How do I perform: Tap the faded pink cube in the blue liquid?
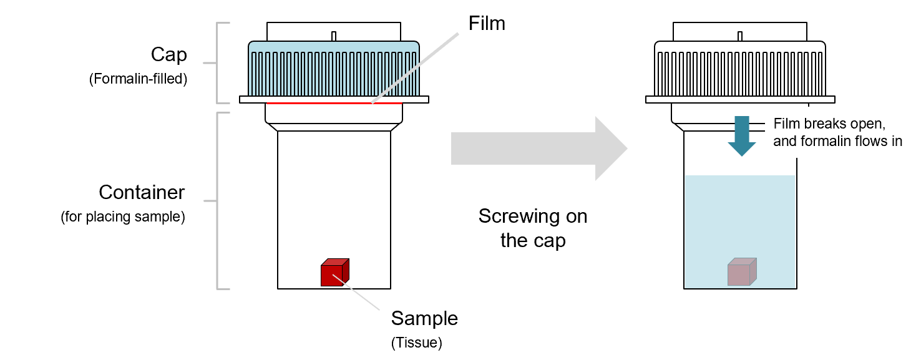point(741,273)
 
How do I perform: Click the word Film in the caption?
point(786,124)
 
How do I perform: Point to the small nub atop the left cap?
point(334,36)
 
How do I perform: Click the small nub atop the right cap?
point(740,36)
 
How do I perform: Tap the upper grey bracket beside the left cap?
point(218,62)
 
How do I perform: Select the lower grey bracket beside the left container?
point(218,201)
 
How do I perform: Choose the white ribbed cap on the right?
point(740,72)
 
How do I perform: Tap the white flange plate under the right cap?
point(740,99)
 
